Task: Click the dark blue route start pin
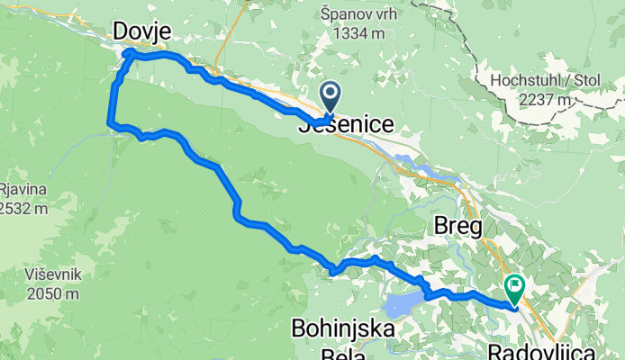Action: point(330,93)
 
